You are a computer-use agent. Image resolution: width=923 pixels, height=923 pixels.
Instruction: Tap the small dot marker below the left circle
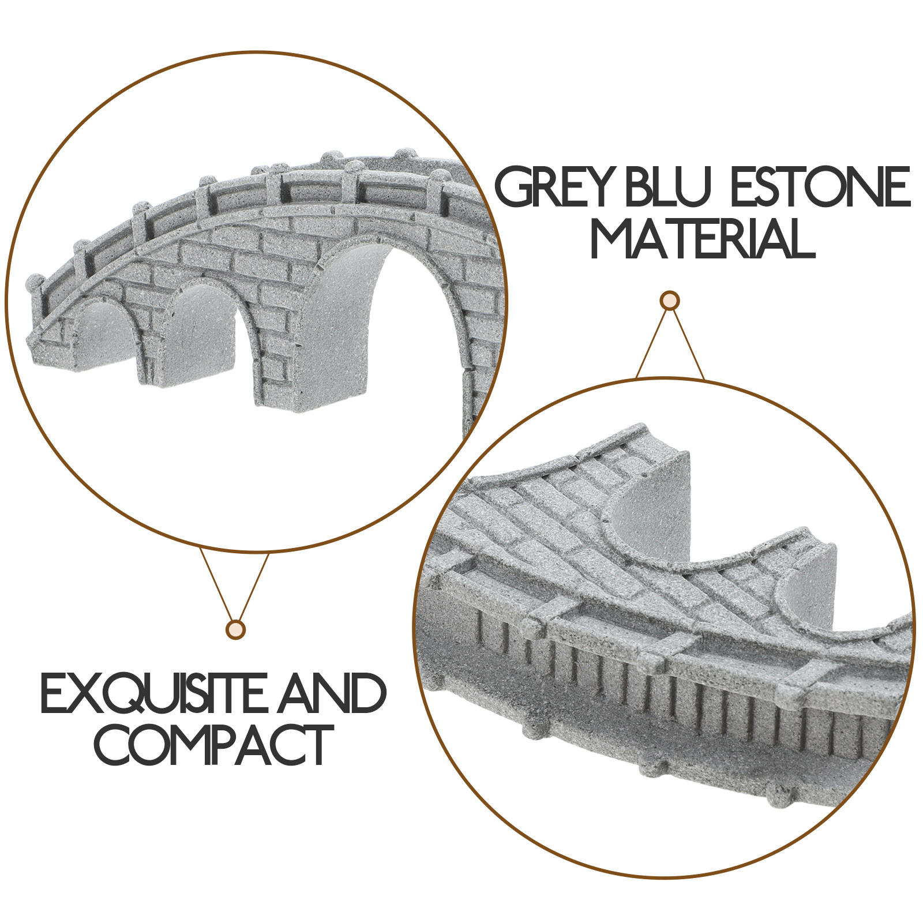point(235,629)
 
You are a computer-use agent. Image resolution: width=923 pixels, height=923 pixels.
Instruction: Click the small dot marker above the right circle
point(669,301)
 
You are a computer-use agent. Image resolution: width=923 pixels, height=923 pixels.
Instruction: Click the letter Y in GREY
point(605,187)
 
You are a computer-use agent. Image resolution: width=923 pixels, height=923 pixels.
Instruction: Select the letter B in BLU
point(643,187)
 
